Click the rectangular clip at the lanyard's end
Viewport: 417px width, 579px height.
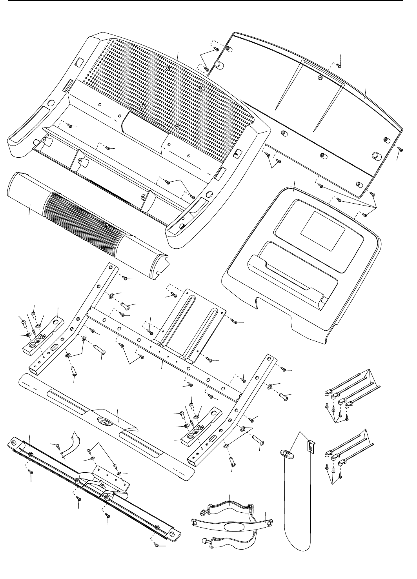(x=311, y=446)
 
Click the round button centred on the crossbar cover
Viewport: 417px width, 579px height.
(x=105, y=421)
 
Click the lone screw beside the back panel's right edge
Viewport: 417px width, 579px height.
(x=399, y=149)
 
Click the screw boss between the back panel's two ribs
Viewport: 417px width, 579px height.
(x=319, y=78)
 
